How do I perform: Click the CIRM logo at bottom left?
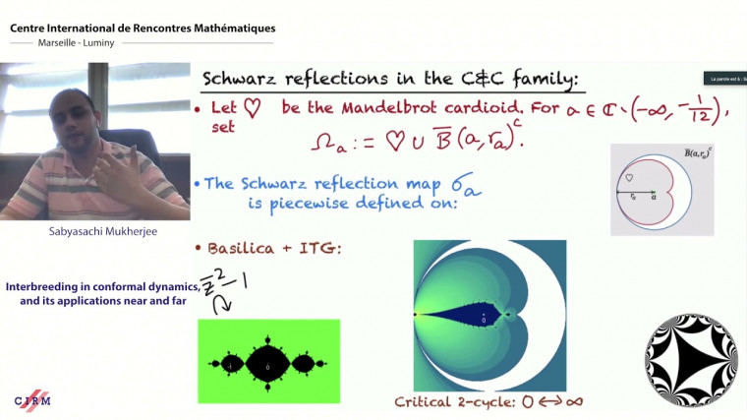click(x=32, y=400)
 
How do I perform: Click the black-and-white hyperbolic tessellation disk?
click(x=690, y=360)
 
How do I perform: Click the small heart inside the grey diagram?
click(x=630, y=178)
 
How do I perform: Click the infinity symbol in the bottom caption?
click(x=558, y=402)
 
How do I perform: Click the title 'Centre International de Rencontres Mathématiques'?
click(x=143, y=29)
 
